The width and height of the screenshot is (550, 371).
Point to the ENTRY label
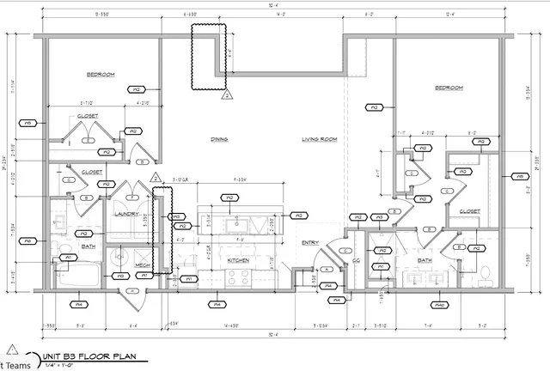[309, 243]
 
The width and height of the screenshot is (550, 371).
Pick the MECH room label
[143, 265]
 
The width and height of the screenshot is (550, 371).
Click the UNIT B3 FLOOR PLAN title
[89, 354]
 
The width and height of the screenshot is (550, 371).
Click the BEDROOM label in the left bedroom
[101, 75]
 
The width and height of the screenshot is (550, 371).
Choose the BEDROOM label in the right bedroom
[449, 88]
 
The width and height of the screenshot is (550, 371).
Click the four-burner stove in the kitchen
[237, 277]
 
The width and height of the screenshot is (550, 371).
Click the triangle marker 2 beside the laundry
[156, 178]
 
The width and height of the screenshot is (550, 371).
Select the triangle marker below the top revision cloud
[227, 95]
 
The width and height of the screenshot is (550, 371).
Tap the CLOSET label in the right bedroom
[469, 210]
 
